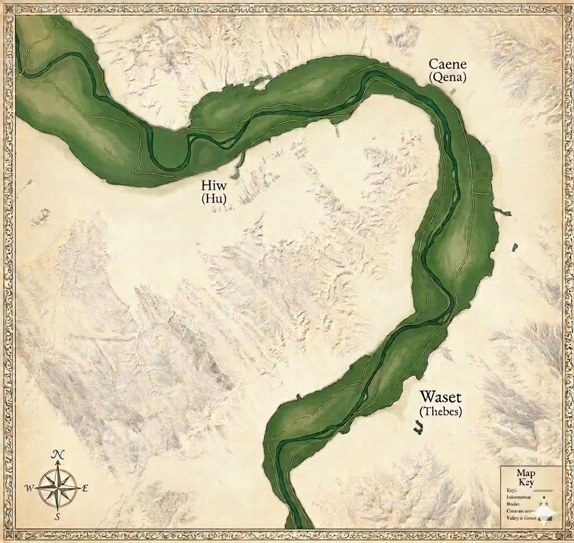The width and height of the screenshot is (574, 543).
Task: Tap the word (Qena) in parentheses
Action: pos(447,78)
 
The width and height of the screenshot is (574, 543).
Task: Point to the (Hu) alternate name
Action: pos(214,199)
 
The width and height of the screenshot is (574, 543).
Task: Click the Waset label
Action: pos(441,398)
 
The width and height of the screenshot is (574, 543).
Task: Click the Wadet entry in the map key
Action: pos(513,504)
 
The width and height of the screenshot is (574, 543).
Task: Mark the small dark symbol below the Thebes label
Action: pos(417,428)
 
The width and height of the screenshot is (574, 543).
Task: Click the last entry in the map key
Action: pos(521,518)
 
